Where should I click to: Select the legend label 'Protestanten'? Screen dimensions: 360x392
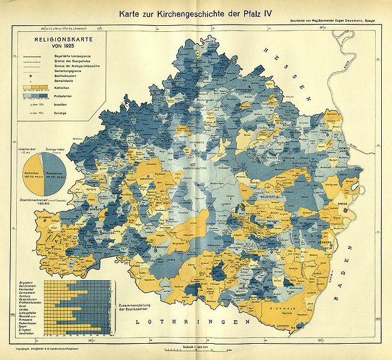(58, 95)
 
